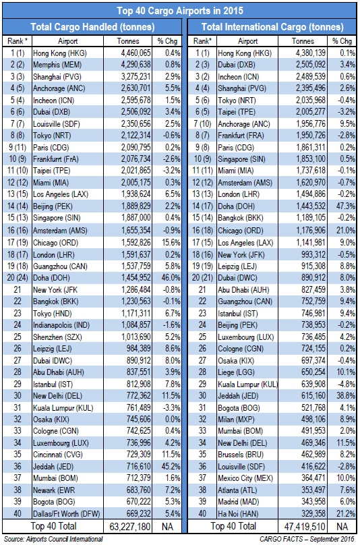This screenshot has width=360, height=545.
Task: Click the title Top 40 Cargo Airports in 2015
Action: (180, 10)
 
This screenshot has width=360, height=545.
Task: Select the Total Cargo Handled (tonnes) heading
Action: (92, 27)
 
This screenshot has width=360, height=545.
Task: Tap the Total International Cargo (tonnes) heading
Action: (272, 27)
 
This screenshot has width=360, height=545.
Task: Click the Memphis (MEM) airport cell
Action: (57, 65)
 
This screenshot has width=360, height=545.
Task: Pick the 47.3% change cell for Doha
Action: (345, 206)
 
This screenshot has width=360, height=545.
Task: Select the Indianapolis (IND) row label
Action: (61, 325)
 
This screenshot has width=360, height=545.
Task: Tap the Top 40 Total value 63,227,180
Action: (129, 527)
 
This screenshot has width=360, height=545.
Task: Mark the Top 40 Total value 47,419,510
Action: (305, 527)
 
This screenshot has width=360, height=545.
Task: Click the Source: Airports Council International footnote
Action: (53, 539)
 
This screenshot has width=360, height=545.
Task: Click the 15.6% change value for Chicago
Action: (171, 243)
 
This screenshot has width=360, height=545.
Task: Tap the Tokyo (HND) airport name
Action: (52, 314)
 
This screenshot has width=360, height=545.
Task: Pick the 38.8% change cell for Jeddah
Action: (345, 395)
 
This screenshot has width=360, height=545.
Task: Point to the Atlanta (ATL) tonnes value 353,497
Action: (313, 490)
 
